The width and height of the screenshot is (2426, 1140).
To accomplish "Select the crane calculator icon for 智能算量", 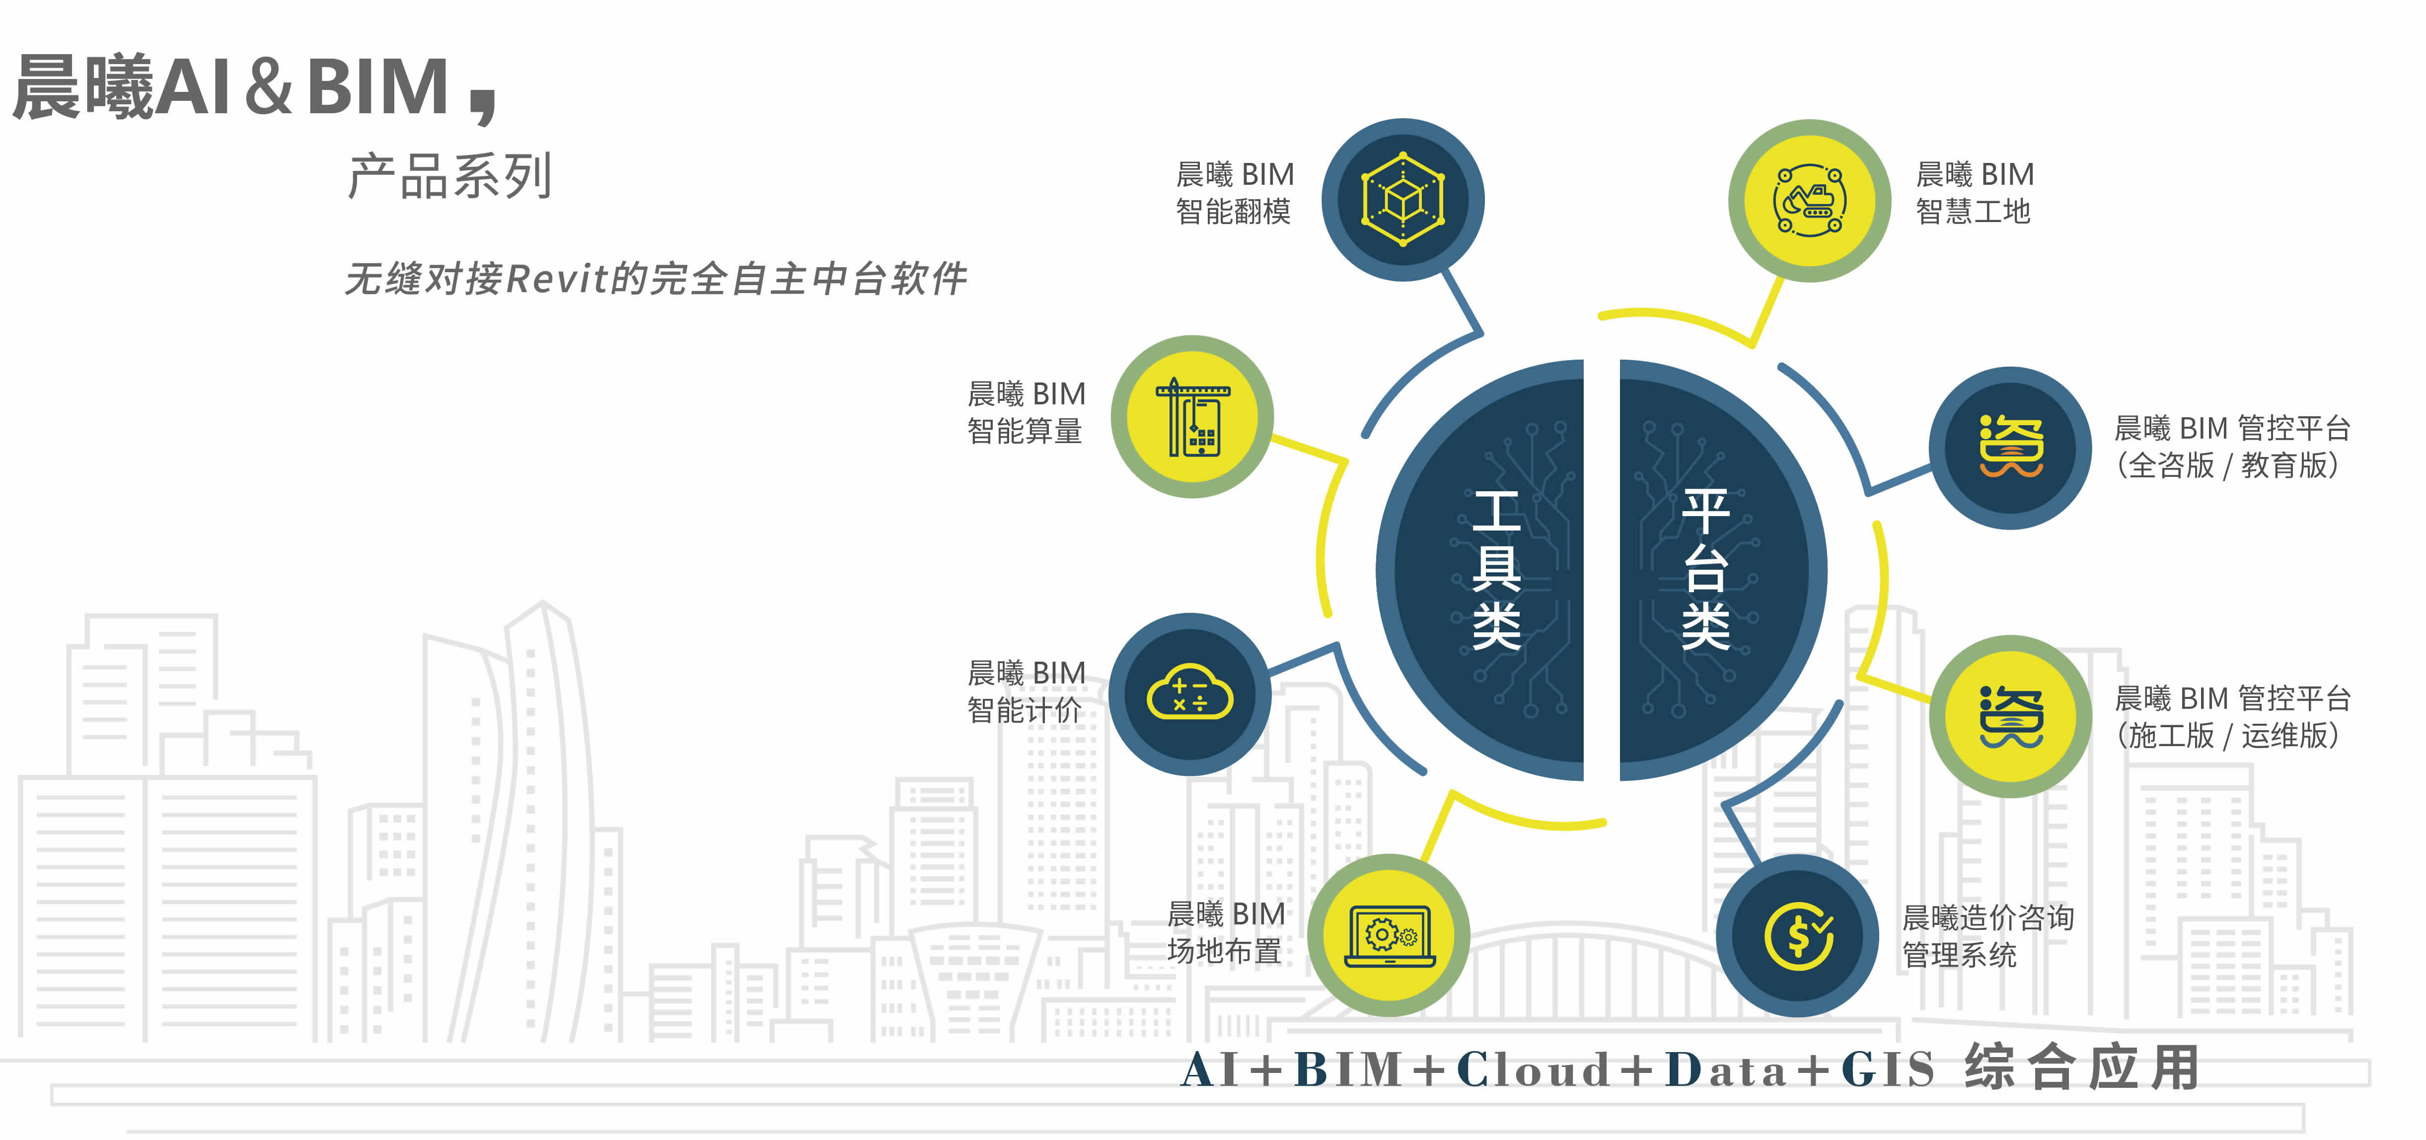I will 1192,416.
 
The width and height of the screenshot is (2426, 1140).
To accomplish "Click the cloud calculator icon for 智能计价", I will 1189,694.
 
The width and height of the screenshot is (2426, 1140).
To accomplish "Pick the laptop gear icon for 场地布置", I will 1389,935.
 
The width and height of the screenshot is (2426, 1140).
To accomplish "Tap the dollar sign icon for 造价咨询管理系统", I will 1798,935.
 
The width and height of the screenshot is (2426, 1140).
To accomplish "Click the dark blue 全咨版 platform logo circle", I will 2011,448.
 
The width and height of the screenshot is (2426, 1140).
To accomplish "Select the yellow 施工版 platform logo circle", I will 2011,716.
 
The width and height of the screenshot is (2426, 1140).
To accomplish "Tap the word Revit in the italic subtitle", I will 558,279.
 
